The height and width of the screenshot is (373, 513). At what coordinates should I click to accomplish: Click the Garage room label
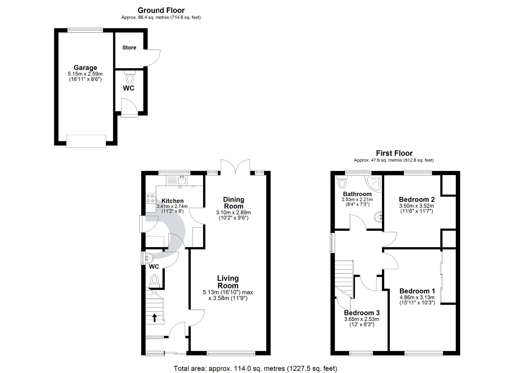click(x=85, y=68)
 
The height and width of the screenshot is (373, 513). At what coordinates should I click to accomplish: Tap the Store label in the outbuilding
click(x=129, y=48)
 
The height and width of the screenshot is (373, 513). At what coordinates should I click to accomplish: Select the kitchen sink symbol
click(x=182, y=180)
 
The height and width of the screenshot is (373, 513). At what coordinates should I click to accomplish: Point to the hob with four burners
click(x=151, y=198)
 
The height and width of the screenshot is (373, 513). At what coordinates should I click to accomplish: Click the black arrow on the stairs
click(x=155, y=318)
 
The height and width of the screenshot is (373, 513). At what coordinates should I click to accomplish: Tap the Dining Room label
click(x=233, y=203)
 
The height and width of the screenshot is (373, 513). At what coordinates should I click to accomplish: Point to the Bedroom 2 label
click(x=417, y=199)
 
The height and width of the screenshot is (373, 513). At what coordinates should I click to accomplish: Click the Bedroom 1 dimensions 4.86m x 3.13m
click(x=417, y=297)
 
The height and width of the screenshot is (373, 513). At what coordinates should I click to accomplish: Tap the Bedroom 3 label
click(x=362, y=313)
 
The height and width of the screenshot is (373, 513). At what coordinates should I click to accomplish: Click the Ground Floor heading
click(x=161, y=10)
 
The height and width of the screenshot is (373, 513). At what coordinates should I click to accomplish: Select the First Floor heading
click(x=394, y=153)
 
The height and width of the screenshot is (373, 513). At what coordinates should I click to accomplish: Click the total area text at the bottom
click(x=255, y=369)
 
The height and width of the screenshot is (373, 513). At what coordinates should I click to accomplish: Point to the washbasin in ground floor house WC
click(x=149, y=258)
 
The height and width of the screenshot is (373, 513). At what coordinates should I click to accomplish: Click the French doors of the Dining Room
click(x=235, y=167)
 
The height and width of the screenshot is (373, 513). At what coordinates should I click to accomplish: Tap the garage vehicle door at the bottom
click(x=86, y=141)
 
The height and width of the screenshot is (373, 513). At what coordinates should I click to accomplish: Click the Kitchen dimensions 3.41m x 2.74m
click(x=172, y=206)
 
